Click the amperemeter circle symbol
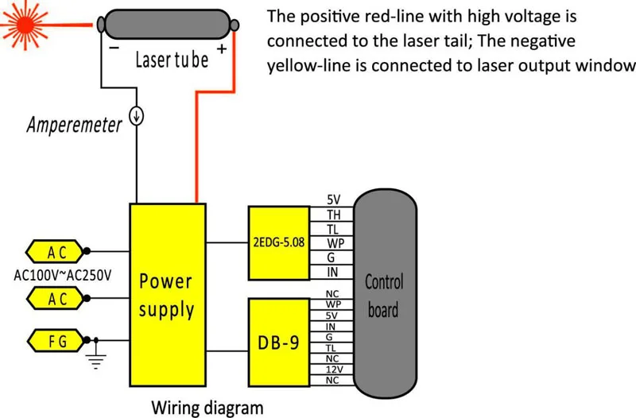tap(138, 116)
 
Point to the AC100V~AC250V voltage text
tap(63, 276)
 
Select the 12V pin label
tap(333, 369)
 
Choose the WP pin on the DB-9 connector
tap(333, 304)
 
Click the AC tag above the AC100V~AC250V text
tap(57, 252)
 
